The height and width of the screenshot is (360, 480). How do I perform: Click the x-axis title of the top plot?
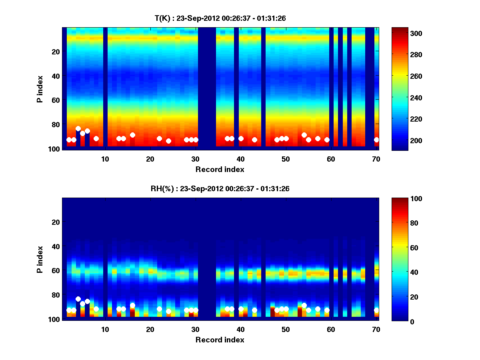coord(220,169)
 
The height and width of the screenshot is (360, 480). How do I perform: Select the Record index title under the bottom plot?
coord(220,340)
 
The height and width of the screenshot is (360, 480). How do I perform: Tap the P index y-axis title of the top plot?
coord(40,88)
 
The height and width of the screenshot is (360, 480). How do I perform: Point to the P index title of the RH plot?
coord(40,259)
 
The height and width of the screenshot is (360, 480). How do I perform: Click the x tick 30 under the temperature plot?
coord(195,159)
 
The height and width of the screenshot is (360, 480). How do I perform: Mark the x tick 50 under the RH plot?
coord(286,329)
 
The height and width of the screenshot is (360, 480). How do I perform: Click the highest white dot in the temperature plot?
coord(78,129)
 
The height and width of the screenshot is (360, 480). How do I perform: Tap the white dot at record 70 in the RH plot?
coord(376,310)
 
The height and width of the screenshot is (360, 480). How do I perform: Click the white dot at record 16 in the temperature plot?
coord(132,135)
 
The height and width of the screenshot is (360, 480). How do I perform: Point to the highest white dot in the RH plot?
coord(78,299)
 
